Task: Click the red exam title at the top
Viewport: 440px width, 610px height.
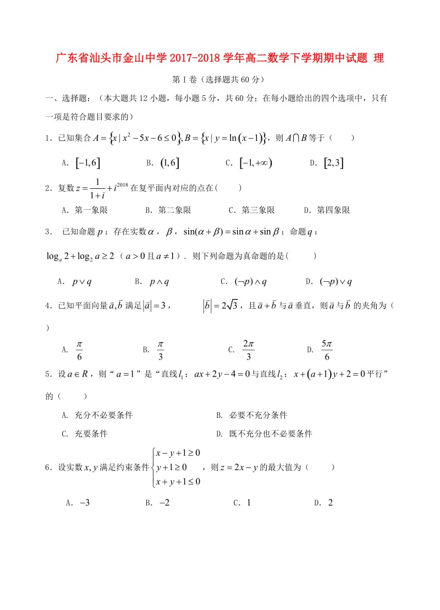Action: (220, 58)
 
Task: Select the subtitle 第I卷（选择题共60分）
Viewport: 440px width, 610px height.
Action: (219, 80)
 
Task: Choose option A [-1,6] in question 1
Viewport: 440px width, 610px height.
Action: (88, 162)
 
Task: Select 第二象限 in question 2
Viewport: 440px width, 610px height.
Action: (174, 210)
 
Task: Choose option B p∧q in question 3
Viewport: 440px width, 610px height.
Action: (159, 281)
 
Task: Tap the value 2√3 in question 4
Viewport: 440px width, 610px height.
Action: (227, 306)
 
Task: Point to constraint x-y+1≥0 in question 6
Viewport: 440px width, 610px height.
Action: (178, 453)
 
